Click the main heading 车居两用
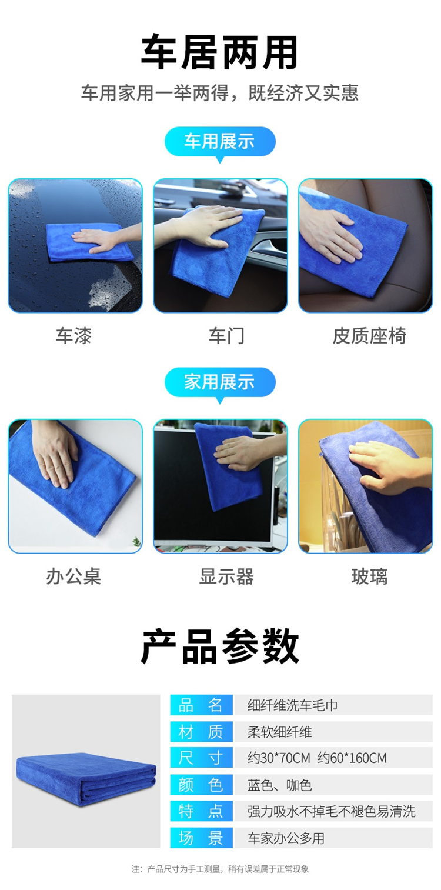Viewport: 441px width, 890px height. pos(220,52)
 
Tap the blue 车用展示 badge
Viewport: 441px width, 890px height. pos(220,142)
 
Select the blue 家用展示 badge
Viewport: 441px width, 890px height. pos(220,382)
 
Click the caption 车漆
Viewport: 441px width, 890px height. pos(73,336)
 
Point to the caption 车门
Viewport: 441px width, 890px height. pos(226,336)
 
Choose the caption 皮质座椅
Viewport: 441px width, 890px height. pos(369,336)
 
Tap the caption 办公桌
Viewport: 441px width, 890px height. pos(73,576)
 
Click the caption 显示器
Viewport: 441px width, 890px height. pos(226,576)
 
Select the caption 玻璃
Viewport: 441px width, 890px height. pos(369,576)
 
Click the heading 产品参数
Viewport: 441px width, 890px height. pos(220,647)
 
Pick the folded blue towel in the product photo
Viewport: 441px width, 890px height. pos(86,779)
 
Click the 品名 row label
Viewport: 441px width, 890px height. pos(201,705)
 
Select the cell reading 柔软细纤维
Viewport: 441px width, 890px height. pos(280,732)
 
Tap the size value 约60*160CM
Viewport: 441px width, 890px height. pos(352,758)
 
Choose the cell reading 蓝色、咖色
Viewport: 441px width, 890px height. pos(280,785)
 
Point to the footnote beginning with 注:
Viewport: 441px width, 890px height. pos(220,869)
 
